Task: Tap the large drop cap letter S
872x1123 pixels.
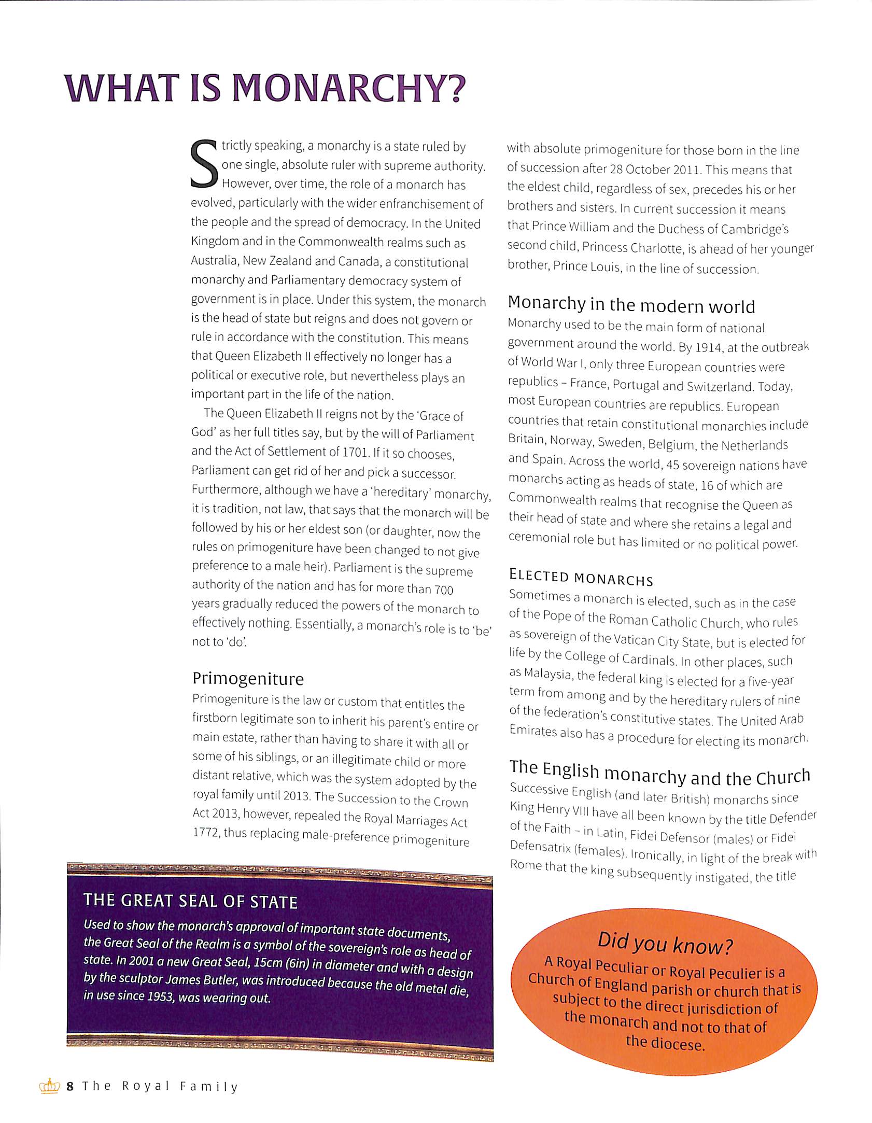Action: pos(204,164)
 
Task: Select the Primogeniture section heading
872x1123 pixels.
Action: pos(248,679)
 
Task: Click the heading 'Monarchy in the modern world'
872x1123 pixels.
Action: pos(631,304)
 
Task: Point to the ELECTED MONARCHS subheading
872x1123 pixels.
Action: pos(581,577)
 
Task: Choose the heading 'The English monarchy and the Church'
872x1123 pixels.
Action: pos(660,774)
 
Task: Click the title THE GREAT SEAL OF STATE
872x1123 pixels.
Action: pos(190,901)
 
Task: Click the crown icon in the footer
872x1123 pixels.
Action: pos(50,1086)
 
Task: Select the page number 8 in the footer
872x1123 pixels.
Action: pos(70,1086)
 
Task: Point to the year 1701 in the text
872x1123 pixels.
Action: pos(355,452)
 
